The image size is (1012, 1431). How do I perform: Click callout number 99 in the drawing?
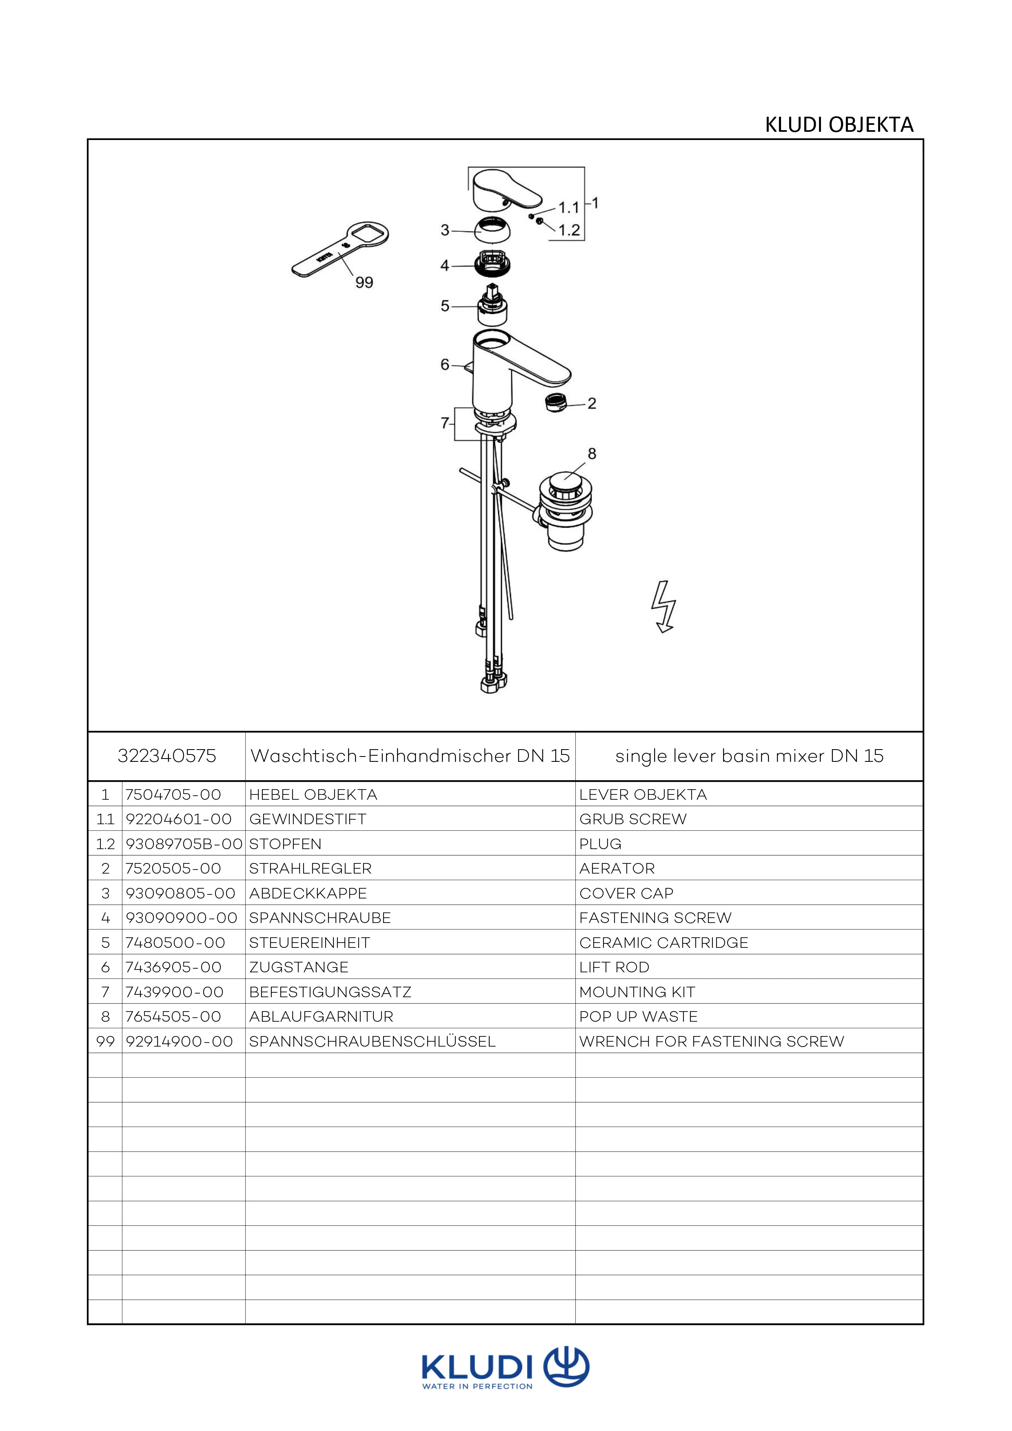click(x=364, y=282)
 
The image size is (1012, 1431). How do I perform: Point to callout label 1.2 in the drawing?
click(x=569, y=230)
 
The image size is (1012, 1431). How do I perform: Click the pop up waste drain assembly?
click(x=565, y=511)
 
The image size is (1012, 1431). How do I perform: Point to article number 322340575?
click(x=166, y=756)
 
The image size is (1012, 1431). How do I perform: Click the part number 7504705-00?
click(x=173, y=794)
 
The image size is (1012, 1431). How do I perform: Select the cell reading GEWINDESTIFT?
click(x=308, y=819)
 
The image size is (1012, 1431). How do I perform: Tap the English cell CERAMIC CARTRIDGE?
click(x=664, y=942)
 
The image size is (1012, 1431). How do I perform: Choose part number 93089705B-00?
click(x=184, y=844)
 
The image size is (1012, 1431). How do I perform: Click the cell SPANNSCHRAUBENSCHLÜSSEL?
click(x=372, y=1041)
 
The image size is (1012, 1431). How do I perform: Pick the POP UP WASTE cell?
click(x=638, y=1016)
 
